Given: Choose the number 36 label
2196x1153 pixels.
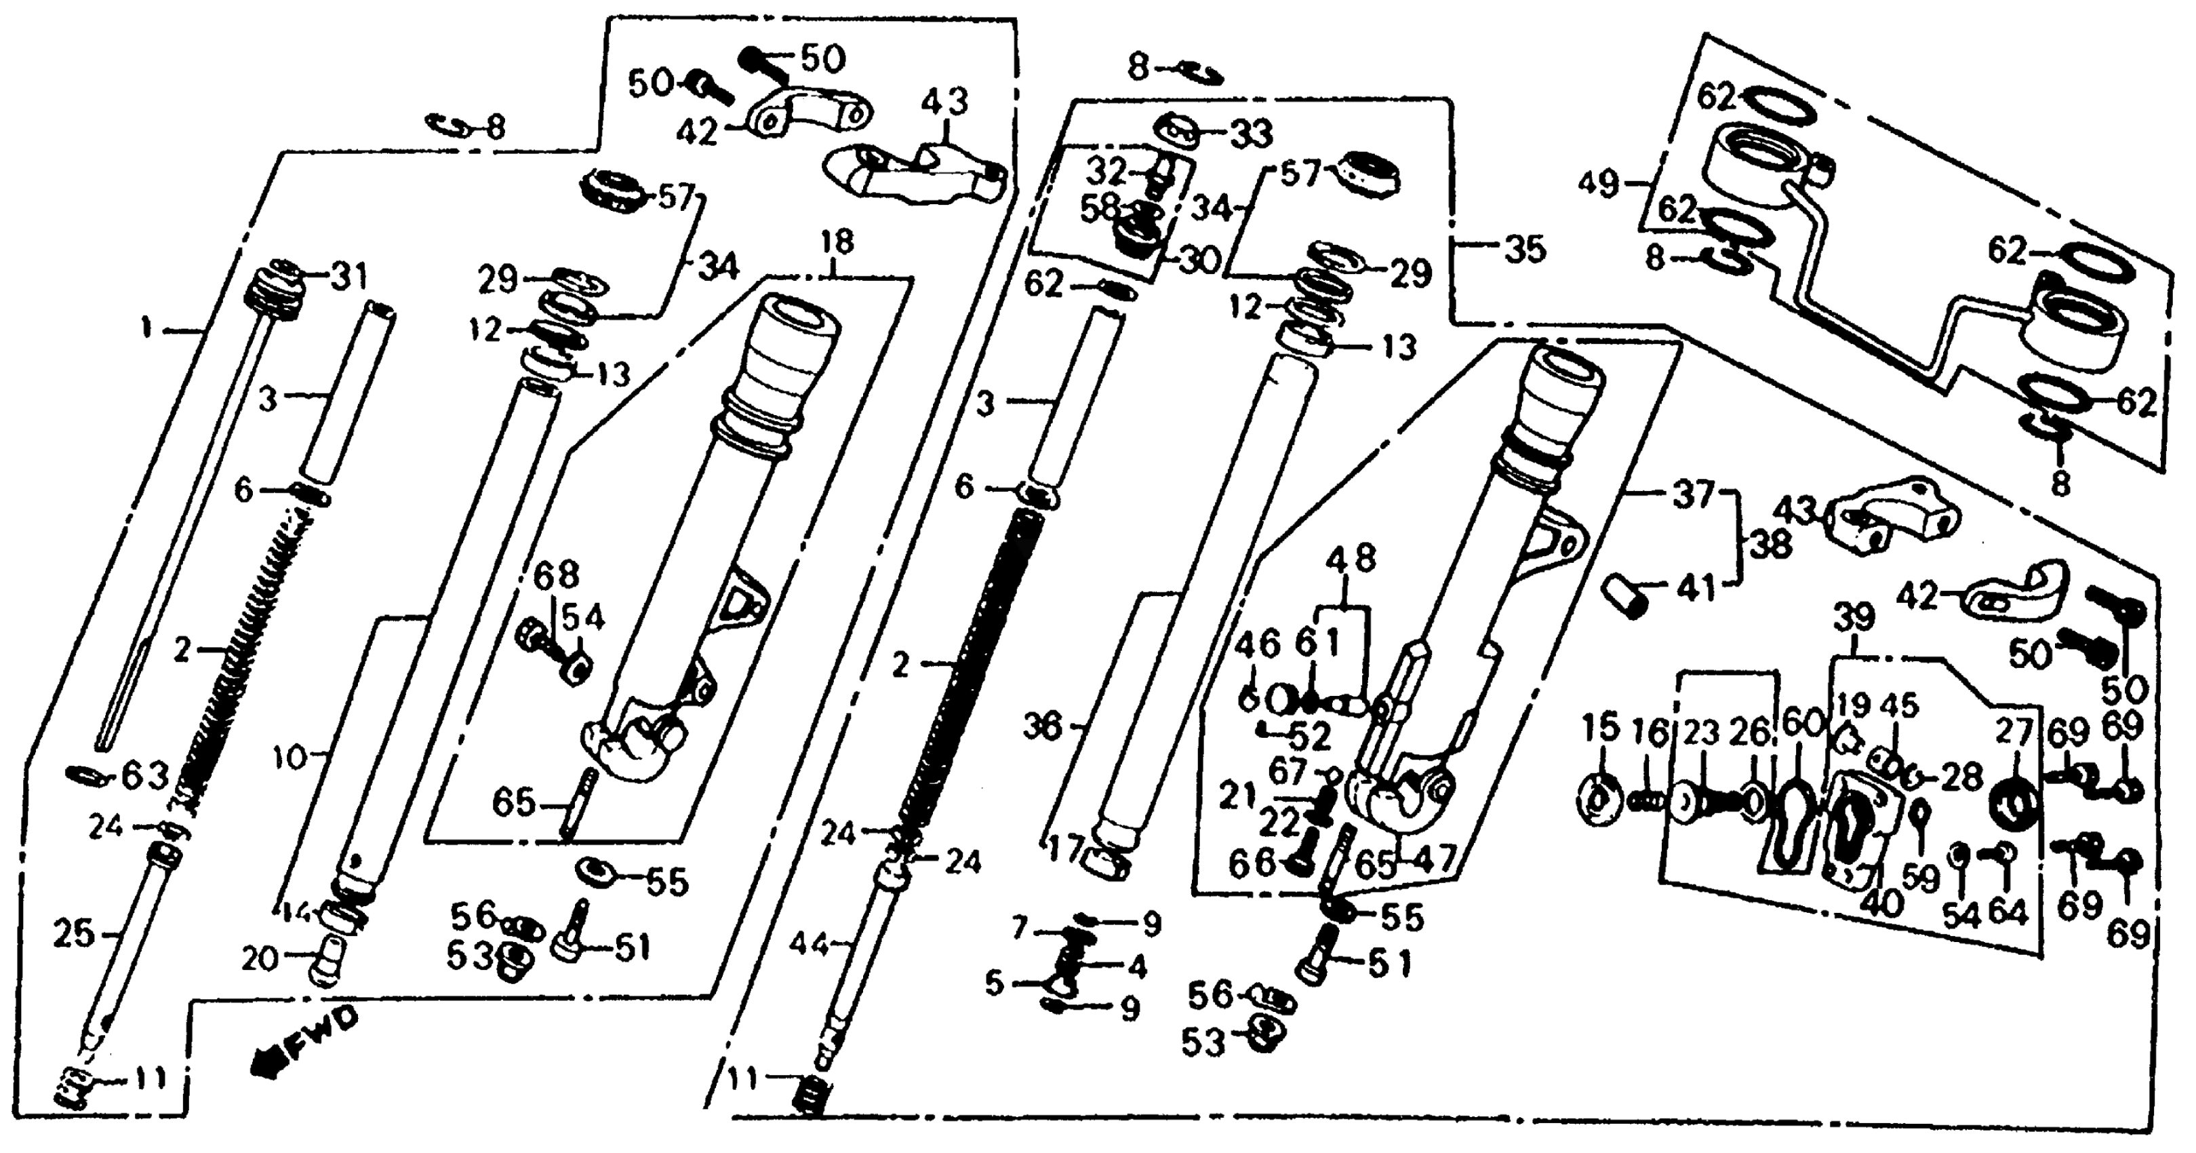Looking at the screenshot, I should pyautogui.click(x=1043, y=728).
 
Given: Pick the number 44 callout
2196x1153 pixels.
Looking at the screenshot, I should pyautogui.click(x=808, y=944).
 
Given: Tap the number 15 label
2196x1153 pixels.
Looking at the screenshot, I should pyautogui.click(x=1599, y=729).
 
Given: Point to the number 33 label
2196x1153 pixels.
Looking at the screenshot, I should pyautogui.click(x=1252, y=134).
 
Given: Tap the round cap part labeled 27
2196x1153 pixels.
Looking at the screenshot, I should pyautogui.click(x=2014, y=805).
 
